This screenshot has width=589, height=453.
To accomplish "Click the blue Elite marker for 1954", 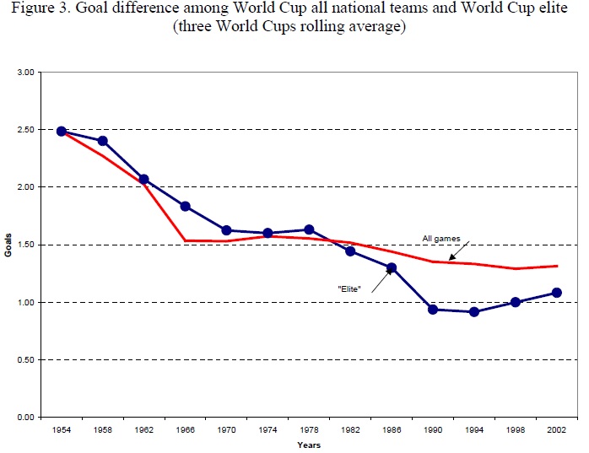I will [62, 131].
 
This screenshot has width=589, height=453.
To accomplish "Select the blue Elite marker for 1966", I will [185, 206].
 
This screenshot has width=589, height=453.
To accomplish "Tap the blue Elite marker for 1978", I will [309, 229].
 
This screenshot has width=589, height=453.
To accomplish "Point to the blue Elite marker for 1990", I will [433, 310].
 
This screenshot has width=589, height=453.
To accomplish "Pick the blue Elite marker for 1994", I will [474, 311].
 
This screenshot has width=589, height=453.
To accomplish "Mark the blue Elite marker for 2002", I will [556, 293].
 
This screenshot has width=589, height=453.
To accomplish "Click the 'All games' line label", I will [441, 239].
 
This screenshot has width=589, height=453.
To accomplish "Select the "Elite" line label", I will [350, 288].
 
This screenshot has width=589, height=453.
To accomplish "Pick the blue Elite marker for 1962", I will [143, 179].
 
